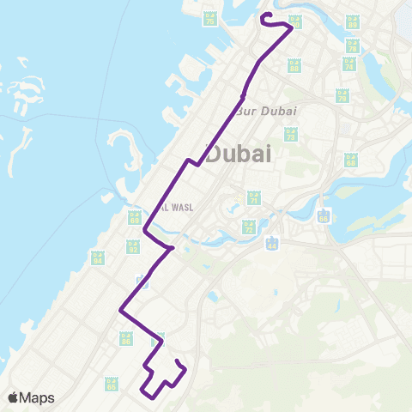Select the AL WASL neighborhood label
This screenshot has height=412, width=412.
click(x=175, y=207)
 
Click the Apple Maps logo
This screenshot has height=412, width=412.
click(x=31, y=397)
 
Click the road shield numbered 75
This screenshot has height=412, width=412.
click(x=209, y=18)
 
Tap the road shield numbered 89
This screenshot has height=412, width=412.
click(x=352, y=22)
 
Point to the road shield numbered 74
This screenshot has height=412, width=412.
click(x=348, y=64)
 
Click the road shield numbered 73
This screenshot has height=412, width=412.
click(x=291, y=133)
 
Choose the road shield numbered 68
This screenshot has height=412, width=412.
click(x=350, y=160)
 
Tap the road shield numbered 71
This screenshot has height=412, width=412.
click(x=253, y=198)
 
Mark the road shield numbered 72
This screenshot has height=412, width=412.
click(x=249, y=227)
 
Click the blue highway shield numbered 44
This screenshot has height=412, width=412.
click(x=272, y=245)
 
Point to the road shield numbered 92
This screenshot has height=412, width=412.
click(x=133, y=246)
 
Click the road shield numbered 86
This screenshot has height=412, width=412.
click(x=126, y=339)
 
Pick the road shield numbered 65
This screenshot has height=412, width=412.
click(x=111, y=383)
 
